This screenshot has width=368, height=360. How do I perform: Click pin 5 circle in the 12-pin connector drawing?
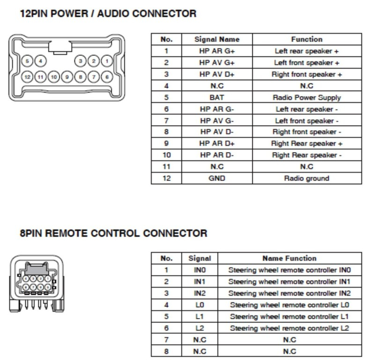[28, 61]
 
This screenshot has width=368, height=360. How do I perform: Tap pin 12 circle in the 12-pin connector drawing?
[28, 76]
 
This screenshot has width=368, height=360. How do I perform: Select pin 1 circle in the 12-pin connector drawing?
[107, 61]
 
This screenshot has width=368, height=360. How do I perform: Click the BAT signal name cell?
[216, 97]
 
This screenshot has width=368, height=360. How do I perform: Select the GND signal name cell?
[216, 178]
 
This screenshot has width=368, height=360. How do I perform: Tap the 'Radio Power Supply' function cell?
[307, 97]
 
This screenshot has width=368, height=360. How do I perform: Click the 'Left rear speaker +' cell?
[307, 51]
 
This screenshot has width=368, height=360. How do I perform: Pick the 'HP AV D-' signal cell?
[216, 132]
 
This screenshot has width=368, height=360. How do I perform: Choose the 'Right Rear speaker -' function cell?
[307, 155]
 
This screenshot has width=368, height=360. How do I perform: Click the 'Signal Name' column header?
[216, 39]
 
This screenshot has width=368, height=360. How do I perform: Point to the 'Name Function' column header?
[289, 258]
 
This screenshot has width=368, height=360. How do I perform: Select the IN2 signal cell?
[200, 293]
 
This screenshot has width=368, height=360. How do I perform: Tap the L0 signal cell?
[200, 305]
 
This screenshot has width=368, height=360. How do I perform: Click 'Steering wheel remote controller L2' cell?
[289, 328]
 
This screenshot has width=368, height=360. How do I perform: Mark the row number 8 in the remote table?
[166, 351]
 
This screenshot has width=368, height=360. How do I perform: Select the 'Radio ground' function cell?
[307, 178]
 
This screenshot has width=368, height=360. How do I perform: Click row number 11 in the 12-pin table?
[166, 166]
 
